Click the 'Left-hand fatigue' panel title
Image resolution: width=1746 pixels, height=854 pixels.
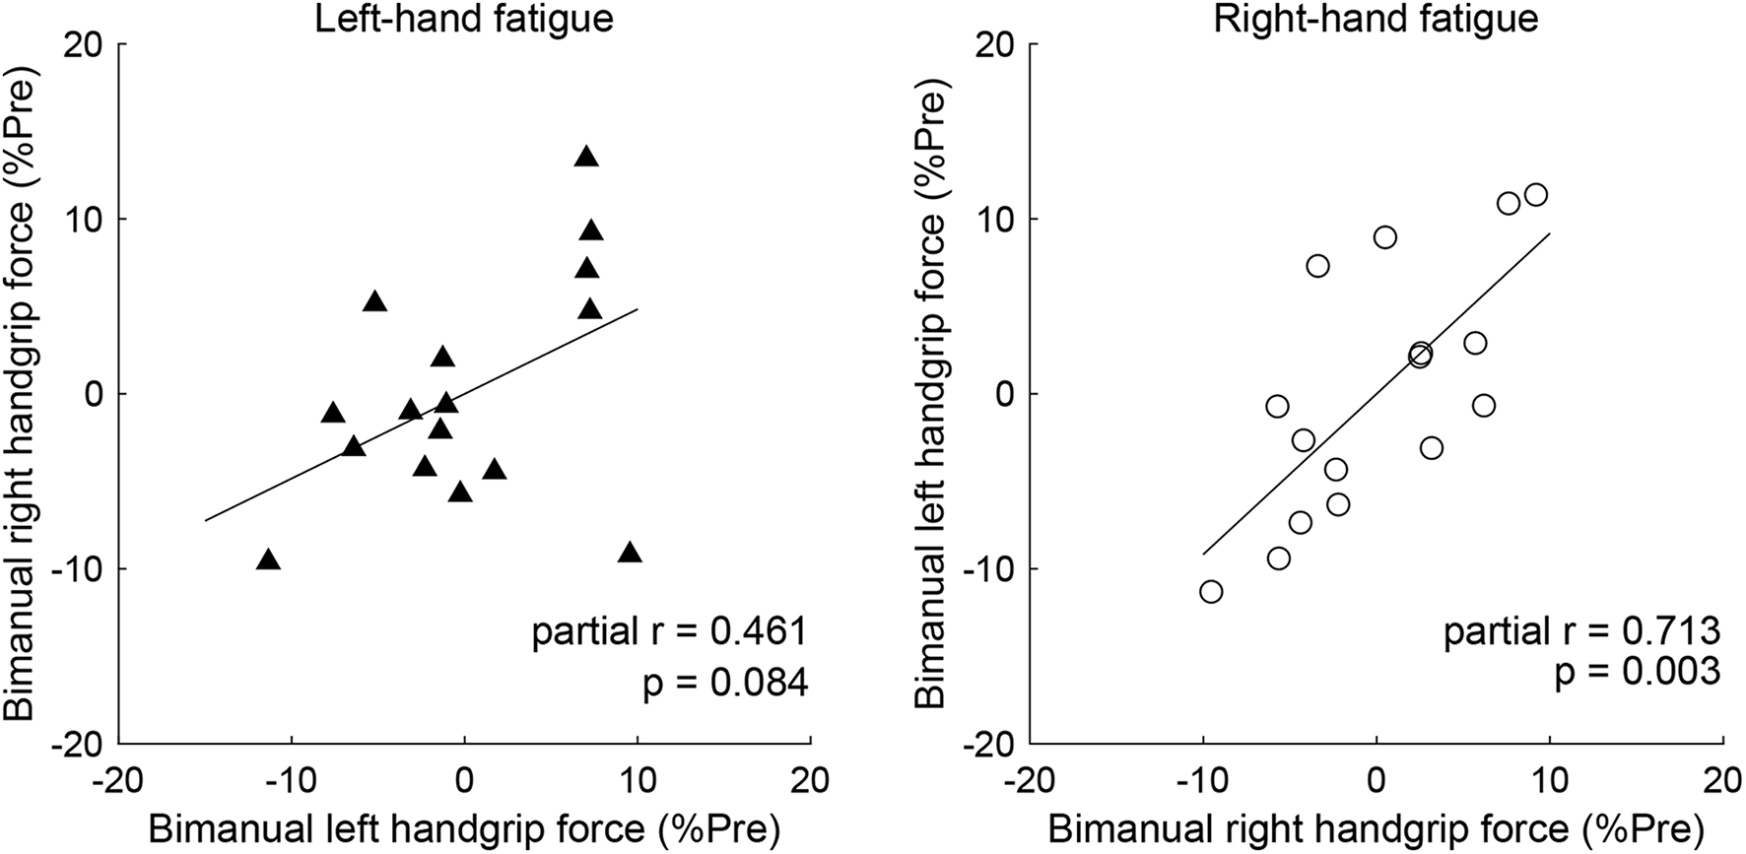[x=463, y=20]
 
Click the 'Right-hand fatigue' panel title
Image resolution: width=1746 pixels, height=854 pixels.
[x=1376, y=20]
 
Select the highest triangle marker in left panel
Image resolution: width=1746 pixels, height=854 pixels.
[x=586, y=157]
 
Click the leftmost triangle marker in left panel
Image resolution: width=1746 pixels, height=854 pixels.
[x=268, y=560]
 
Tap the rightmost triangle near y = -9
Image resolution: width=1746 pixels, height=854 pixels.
[x=630, y=553]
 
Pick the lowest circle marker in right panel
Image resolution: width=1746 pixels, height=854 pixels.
[x=1211, y=591]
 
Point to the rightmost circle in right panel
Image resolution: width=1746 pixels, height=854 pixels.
[x=1535, y=195]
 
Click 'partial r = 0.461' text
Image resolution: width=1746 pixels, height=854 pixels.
[x=669, y=631]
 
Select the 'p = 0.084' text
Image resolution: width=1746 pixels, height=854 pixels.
[x=724, y=683]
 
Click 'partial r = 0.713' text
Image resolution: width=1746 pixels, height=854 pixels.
[x=1581, y=631]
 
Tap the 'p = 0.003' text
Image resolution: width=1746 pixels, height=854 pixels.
[x=1638, y=672]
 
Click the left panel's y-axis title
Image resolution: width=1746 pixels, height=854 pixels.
[x=27, y=394]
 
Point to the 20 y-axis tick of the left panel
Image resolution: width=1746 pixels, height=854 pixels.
[x=89, y=44]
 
